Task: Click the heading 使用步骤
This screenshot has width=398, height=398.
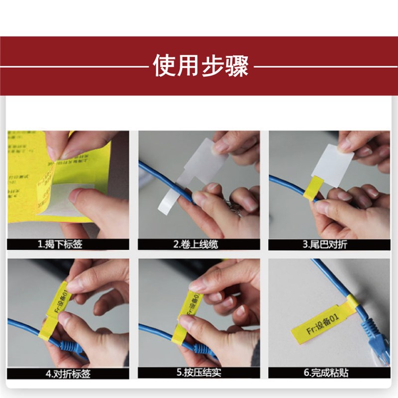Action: coord(200,66)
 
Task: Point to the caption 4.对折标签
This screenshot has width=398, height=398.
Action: coord(68,373)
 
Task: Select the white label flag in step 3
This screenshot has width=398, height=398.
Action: coord(332,164)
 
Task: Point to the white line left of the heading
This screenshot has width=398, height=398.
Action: coord(75,66)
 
